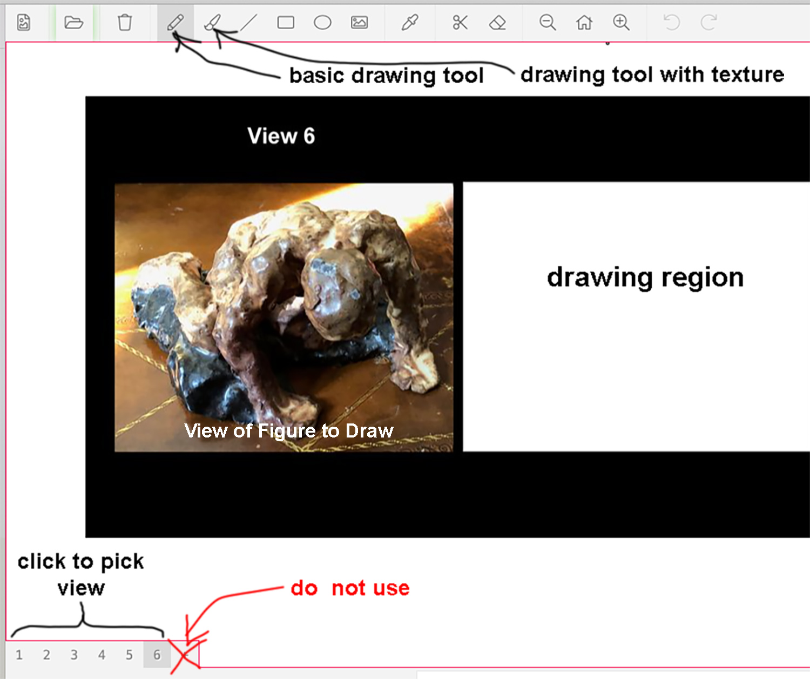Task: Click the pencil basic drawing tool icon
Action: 175,22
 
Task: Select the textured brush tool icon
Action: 213,22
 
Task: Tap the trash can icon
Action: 125,22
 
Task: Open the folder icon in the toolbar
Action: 73,23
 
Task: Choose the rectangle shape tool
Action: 286,23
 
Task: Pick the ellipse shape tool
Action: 322,23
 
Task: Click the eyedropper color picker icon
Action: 410,23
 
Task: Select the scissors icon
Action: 460,23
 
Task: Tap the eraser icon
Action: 497,23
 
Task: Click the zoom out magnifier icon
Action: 548,23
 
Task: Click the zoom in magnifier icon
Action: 621,23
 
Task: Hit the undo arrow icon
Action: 672,23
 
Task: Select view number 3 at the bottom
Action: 74,655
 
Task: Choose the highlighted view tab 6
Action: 157,655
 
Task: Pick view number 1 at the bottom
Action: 19,655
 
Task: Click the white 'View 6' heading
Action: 281,136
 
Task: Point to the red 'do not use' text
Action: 350,588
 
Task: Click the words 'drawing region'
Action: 645,278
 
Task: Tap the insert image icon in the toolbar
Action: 359,23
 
